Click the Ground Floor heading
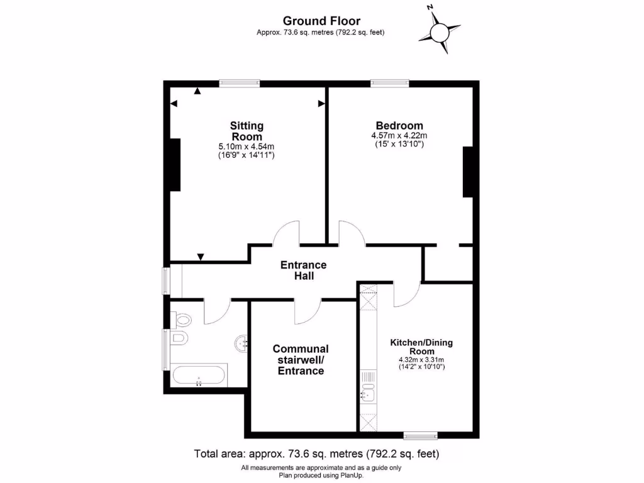pos(321,21)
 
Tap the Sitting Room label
pos(247,131)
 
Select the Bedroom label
pos(399,125)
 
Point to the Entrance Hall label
pos(303,270)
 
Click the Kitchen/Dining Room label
pos(421,347)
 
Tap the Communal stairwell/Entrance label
pos(301,360)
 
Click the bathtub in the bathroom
pos(199,376)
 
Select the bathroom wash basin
pos(241,343)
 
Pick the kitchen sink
pos(368,394)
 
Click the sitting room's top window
pos(240,83)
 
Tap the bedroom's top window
pos(390,83)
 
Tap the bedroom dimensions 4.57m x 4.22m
pos(399,135)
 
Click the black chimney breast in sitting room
pos(174,165)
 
